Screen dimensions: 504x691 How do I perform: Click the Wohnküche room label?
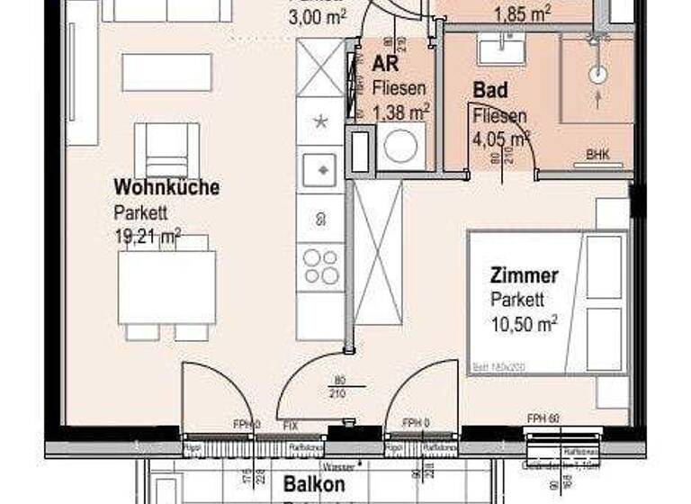[166, 187]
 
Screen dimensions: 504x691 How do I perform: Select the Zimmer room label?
[525, 275]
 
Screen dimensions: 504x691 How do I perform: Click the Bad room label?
[490, 91]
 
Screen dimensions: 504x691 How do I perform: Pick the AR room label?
[387, 66]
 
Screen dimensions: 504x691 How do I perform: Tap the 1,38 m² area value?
[400, 112]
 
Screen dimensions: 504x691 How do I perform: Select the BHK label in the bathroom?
[597, 155]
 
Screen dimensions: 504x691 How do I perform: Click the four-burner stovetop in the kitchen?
[320, 267]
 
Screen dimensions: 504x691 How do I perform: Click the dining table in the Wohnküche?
[167, 287]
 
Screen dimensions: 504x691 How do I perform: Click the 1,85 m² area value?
[523, 13]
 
